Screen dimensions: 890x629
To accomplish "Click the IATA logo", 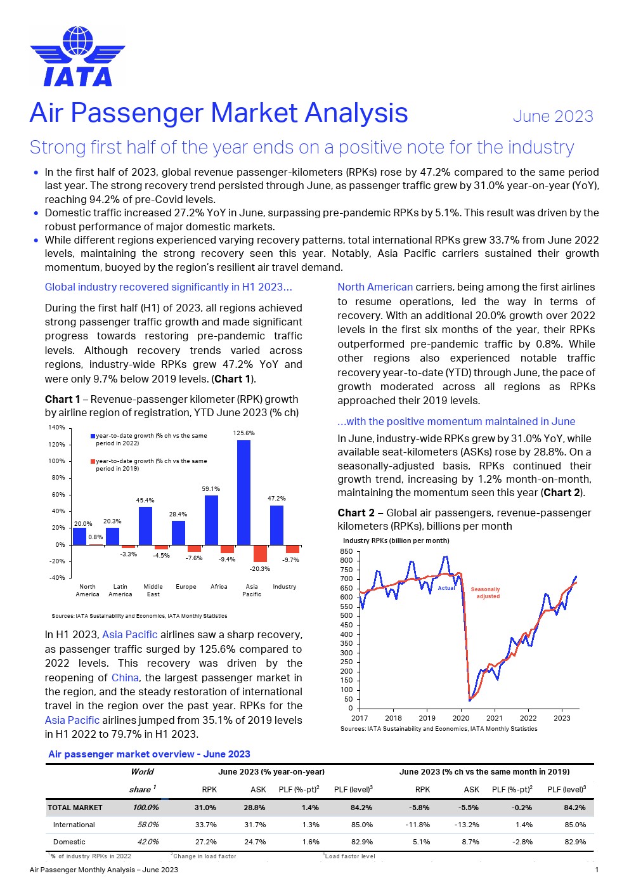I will pos(77,56).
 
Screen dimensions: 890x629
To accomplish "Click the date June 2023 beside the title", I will pos(553,116).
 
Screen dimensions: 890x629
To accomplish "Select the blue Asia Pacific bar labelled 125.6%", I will pos(243,492).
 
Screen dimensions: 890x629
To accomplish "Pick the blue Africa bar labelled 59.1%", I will pos(211,520).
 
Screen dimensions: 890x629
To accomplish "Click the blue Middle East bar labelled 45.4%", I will pos(145,525).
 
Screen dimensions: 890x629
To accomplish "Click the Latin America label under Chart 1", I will pos(120,591).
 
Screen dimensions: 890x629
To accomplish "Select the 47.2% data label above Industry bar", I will pos(276,499).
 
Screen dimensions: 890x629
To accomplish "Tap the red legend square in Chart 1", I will pos(93,461).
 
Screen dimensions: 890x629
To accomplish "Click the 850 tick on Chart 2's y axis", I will pos(346,551).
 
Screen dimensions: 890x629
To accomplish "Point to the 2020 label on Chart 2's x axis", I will pos(460,718).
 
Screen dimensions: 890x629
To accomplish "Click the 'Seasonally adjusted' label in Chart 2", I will pos(486,593).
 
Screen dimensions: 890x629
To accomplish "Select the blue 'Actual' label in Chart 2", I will pos(446,588).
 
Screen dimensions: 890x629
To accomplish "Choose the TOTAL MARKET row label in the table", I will pos(75,808).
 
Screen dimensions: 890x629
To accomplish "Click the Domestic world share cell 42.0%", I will pos(148,842).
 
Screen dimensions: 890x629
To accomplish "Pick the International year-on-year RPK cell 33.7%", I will pos(205,825).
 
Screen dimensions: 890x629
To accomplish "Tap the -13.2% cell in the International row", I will pos(466,825).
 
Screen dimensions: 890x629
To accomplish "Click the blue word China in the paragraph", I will pos(125,677).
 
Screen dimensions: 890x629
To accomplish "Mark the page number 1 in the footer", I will pos(597,870).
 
